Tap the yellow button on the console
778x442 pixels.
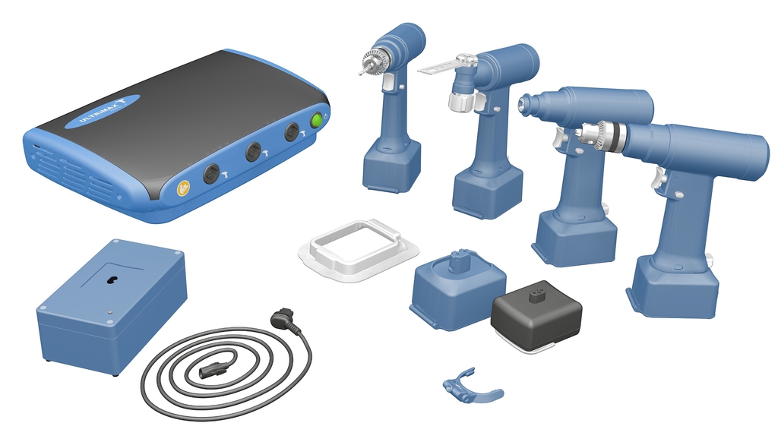pos(184,188)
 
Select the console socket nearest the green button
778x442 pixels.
pos(292,132)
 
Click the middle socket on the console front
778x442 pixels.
pos(253,152)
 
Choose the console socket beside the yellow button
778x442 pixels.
pos(211,174)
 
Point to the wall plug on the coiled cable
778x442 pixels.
pos(283,317)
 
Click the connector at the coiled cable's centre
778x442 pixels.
pos(211,370)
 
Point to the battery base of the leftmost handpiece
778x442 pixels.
pos(391,166)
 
